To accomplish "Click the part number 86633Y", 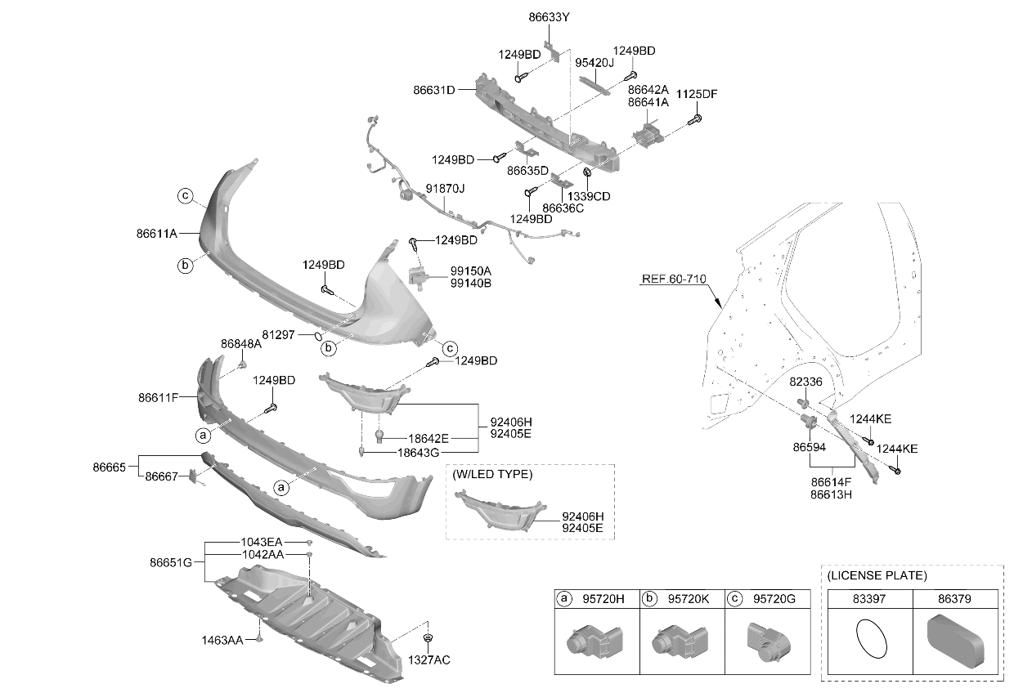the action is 549,17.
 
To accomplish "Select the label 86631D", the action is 433,90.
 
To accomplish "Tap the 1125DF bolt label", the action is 697,94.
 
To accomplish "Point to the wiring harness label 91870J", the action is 445,189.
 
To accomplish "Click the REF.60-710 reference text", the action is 674,279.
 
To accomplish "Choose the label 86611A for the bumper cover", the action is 157,234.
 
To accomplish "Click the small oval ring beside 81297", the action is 318,336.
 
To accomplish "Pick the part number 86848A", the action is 241,344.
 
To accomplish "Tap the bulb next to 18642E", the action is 379,436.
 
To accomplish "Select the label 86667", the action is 161,476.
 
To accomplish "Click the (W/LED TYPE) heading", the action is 492,474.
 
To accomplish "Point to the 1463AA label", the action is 222,641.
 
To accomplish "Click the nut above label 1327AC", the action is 428,637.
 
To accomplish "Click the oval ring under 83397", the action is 872,639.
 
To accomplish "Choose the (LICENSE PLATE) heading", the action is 877,575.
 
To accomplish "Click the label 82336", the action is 805,382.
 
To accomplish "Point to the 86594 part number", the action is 810,447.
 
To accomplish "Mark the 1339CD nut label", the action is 589,196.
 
